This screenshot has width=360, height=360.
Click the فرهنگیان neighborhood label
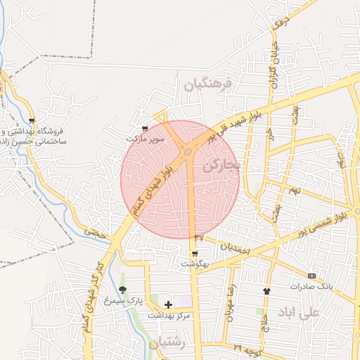point(208,86)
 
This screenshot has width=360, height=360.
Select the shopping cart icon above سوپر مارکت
point(145,129)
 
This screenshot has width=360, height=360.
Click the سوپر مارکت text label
point(145,139)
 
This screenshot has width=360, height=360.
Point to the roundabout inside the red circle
point(188,150)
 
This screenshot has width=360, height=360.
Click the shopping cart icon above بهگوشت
point(195,253)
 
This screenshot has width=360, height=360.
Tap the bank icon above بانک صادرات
point(311,276)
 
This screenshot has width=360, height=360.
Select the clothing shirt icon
point(266,290)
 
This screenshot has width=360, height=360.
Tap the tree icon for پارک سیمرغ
point(123,290)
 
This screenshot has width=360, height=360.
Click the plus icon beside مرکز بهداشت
point(168,304)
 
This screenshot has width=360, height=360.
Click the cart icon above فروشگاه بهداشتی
point(32,121)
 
